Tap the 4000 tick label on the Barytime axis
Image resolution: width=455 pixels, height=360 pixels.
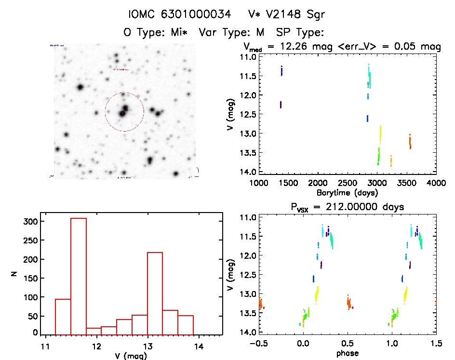(436, 183)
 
